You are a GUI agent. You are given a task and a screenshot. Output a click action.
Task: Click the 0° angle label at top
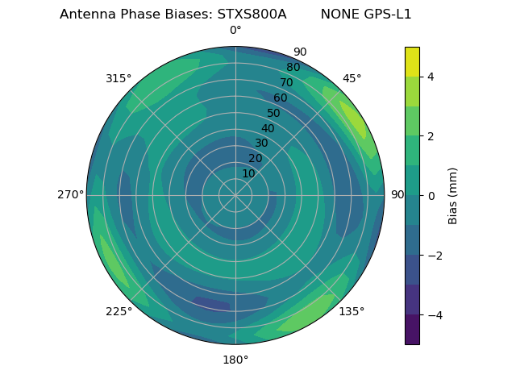click(x=235, y=31)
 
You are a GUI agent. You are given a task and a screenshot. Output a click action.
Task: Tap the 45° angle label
click(x=352, y=78)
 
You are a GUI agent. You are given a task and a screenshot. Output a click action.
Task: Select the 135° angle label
click(x=352, y=311)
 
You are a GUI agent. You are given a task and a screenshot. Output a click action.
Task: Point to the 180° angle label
click(x=235, y=360)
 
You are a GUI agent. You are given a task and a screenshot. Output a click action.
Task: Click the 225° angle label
click(x=119, y=311)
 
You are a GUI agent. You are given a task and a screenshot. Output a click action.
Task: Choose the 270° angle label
click(x=70, y=194)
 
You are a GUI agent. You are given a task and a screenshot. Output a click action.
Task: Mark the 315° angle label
click(x=119, y=78)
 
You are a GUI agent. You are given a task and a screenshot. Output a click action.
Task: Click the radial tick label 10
click(x=248, y=173)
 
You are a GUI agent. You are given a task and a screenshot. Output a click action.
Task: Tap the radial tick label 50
click(x=273, y=113)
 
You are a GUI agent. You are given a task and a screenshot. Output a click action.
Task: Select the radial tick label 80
click(x=293, y=67)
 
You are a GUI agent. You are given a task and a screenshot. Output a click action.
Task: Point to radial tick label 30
click(x=261, y=143)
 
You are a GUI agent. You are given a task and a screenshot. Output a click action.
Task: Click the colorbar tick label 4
click(x=431, y=77)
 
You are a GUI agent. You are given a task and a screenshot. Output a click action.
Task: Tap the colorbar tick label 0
click(x=431, y=196)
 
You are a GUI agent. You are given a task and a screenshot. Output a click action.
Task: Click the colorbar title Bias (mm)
click(x=453, y=196)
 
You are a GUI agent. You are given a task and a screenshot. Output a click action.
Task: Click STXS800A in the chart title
click(x=252, y=15)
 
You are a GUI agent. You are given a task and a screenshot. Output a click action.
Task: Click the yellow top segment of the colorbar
click(x=412, y=61)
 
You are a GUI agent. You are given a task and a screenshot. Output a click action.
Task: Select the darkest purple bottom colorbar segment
click(x=412, y=330)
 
